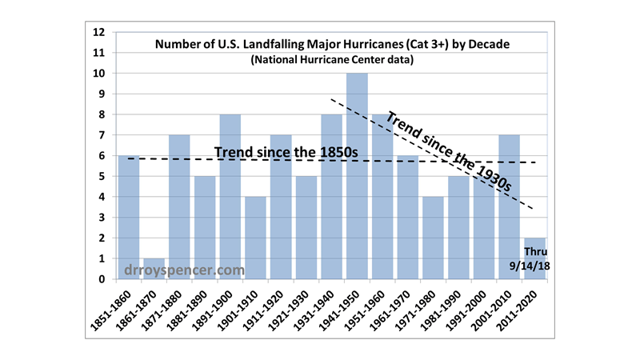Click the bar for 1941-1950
click(358, 176)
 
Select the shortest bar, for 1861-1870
click(154, 269)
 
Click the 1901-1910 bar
click(256, 238)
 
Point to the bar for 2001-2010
click(509, 207)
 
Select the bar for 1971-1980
click(434, 238)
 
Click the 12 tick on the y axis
click(99, 33)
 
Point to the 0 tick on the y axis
click(102, 279)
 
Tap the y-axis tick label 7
click(102, 135)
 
